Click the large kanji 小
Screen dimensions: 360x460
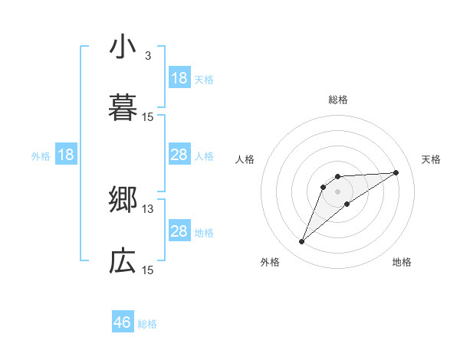coord(123,47)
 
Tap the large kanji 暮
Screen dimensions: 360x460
coord(123,109)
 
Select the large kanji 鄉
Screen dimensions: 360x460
coord(123,201)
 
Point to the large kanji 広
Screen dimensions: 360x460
coord(123,262)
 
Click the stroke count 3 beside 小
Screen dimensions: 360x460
coord(147,56)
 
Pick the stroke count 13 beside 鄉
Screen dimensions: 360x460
coord(148,209)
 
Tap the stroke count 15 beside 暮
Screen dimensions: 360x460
coord(148,117)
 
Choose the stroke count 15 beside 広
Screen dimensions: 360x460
coord(148,270)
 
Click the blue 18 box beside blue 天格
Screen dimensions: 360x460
coord(179,78)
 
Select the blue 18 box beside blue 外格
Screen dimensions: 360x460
coord(66,155)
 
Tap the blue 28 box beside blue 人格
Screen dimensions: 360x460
coord(179,155)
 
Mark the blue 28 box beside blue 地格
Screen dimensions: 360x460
coord(179,231)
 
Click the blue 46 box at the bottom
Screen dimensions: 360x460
coord(123,322)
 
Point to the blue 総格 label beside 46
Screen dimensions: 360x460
coord(147,324)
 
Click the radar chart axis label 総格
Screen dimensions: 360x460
coord(338,100)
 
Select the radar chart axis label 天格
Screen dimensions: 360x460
coord(432,159)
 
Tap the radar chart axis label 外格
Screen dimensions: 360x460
coord(270,262)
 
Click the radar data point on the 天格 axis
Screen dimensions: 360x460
coord(396,172)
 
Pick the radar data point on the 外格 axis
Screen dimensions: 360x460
coord(302,242)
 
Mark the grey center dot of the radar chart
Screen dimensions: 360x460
coord(338,191)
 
